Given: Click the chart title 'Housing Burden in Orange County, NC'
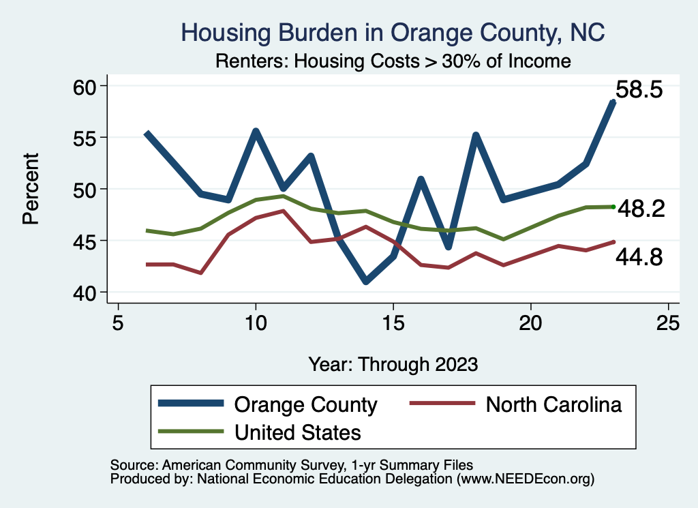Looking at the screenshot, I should [x=393, y=32].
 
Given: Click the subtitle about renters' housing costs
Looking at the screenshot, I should [x=393, y=61].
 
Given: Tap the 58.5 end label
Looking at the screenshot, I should [x=639, y=90].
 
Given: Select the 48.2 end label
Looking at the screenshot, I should [x=641, y=209].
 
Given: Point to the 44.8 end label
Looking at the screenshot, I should [x=639, y=257].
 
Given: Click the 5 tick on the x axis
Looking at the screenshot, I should [x=119, y=322].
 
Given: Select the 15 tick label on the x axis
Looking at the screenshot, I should [x=393, y=322].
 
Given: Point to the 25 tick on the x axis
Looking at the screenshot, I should [x=668, y=322].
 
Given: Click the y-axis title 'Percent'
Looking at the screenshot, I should [x=30, y=188].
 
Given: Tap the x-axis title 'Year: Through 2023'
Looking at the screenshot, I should [x=393, y=363].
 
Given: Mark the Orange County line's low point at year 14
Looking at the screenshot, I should [x=366, y=281].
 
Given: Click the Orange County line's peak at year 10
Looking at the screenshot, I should [x=256, y=131].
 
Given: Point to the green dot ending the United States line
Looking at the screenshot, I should [x=613, y=207].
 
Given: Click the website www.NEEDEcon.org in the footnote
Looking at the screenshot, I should [x=526, y=479].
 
